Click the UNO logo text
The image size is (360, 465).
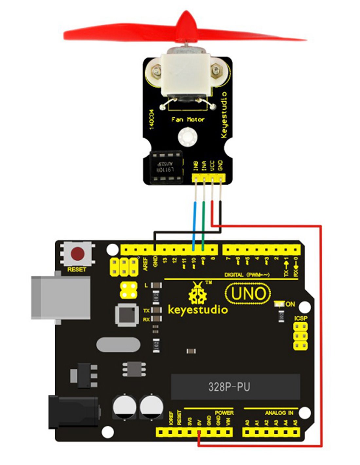coord(248,294)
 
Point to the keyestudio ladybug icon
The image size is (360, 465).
coord(198,293)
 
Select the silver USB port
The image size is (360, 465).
coord(60,298)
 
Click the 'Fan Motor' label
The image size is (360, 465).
coord(188,120)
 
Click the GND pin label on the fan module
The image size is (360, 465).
coord(220,165)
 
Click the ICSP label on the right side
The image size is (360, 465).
coord(300,318)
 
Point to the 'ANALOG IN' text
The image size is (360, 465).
coord(279,413)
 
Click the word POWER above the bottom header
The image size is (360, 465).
coord(224,413)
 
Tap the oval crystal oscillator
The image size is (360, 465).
coord(118,344)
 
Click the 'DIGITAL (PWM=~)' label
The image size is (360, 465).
coord(247,275)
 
